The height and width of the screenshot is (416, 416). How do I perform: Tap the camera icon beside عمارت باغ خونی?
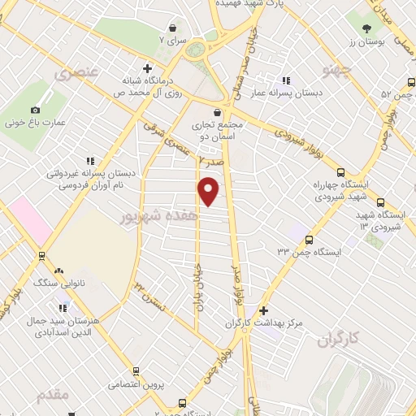[35, 110]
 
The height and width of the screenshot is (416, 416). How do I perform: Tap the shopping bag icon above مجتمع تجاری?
[217, 113]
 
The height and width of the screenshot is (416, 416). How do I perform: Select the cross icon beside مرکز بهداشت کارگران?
[262, 310]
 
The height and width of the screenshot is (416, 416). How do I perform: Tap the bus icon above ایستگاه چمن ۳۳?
[310, 239]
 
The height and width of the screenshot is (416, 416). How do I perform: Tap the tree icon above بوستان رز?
[358, 18]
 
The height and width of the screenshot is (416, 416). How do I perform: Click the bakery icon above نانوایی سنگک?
[58, 271]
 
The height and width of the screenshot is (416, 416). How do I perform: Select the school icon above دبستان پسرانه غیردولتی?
[90, 160]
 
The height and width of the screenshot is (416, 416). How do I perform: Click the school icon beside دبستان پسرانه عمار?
[285, 80]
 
